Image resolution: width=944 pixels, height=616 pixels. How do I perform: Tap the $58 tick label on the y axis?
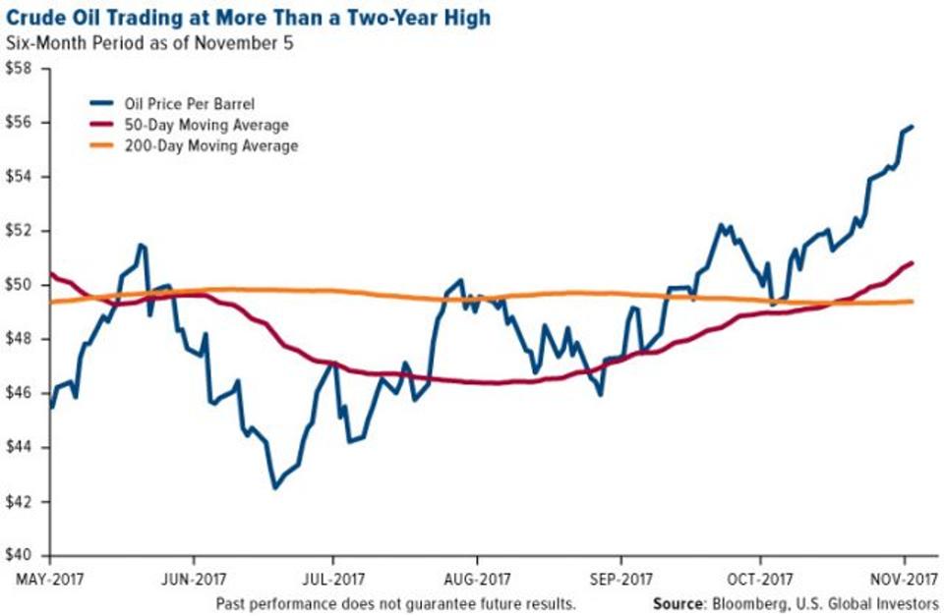pyautogui.click(x=19, y=70)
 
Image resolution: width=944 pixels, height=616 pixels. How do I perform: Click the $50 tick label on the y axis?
pyautogui.click(x=19, y=285)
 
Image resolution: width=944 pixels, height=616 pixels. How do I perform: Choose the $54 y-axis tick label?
pyautogui.click(x=19, y=177)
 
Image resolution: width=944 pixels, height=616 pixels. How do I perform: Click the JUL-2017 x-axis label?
pyautogui.click(x=332, y=578)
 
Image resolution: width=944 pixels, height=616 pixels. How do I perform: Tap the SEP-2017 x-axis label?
pyautogui.click(x=619, y=578)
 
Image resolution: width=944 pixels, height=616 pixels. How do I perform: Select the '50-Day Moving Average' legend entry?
pyautogui.click(x=197, y=125)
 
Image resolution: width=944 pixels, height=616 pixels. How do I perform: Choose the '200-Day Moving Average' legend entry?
pyautogui.click(x=201, y=145)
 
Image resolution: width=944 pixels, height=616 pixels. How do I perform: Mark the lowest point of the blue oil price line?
pyautogui.click(x=274, y=487)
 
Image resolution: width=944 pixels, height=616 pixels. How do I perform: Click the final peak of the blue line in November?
pyautogui.click(x=912, y=127)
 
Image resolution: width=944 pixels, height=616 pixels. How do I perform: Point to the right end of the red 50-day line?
pyautogui.click(x=913, y=262)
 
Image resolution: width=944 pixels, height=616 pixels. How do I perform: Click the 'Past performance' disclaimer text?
pyautogui.click(x=393, y=601)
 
